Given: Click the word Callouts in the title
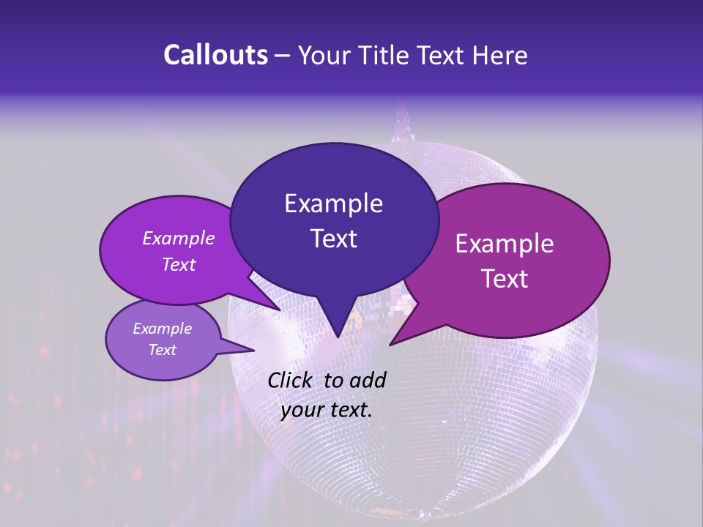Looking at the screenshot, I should coord(215,55).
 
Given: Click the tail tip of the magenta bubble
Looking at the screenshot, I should coord(391,344).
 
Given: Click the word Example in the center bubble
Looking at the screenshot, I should coord(333,203).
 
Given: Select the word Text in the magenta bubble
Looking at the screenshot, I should coord(505,279).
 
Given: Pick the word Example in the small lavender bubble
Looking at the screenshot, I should coord(163,329).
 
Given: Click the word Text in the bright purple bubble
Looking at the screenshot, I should coord(179,264).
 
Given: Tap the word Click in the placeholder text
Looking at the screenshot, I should coord(291,380).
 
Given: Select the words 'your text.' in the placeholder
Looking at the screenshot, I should coord(327,410).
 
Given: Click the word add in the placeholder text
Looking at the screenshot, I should coord(368,380).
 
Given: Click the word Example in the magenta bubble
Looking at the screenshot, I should coord(505,244).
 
